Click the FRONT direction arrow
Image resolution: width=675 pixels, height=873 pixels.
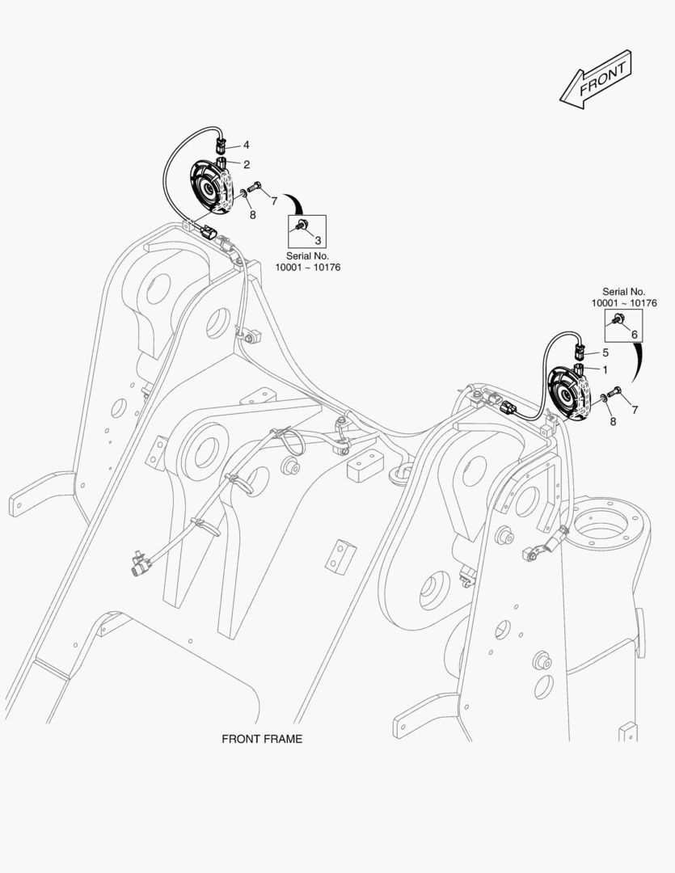(x=595, y=79)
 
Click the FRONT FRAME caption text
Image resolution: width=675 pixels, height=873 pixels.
(x=262, y=739)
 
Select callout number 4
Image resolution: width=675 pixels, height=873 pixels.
(x=246, y=145)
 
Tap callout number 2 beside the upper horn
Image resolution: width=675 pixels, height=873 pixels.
(x=246, y=164)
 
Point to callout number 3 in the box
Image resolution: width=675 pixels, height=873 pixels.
(x=318, y=240)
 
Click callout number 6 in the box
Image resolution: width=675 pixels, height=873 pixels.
(x=634, y=334)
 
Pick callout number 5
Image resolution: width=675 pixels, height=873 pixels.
(x=605, y=352)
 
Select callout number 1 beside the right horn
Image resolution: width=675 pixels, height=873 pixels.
(x=605, y=369)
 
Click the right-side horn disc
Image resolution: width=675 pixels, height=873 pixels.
(x=571, y=394)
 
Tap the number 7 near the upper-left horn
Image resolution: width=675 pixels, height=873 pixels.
(x=274, y=200)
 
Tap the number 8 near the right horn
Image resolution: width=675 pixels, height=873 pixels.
(x=612, y=421)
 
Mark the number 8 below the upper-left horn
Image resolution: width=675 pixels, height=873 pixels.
(x=252, y=215)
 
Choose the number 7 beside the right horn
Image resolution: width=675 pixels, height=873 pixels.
(x=635, y=410)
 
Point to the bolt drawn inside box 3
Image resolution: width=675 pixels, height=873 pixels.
(x=302, y=225)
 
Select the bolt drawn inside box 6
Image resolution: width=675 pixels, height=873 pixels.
(x=618, y=318)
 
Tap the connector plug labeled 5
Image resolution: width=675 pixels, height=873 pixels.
(x=580, y=352)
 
